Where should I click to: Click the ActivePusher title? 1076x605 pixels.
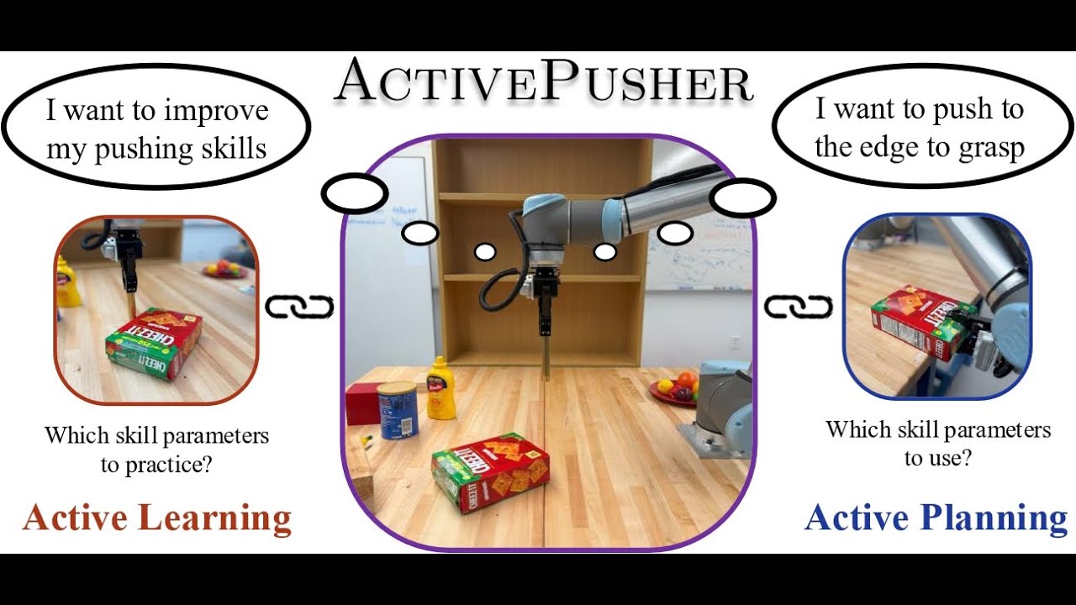[543, 82]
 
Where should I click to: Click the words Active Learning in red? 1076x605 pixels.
[156, 518]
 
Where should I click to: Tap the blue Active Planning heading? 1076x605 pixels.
[936, 518]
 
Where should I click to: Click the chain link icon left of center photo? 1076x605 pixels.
[299, 308]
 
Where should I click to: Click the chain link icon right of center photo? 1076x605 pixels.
[798, 308]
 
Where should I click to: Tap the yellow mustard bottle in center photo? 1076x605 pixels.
[440, 388]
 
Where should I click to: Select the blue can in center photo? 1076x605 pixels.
[398, 409]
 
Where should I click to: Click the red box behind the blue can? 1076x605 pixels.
[362, 403]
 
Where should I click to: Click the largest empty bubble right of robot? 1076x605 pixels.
[741, 198]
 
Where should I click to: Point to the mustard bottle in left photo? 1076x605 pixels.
[68, 283]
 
